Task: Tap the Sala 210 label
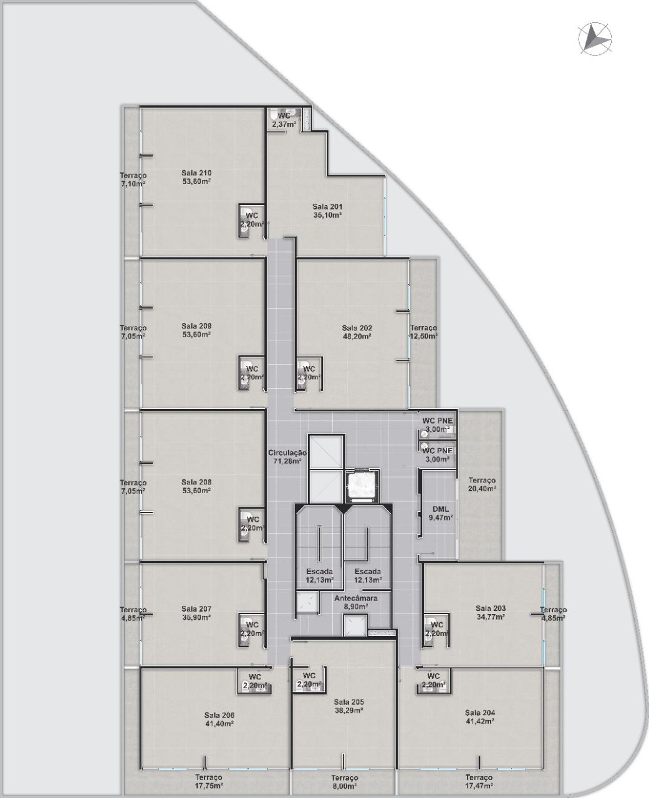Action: coord(196,173)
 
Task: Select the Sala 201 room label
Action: coord(327,206)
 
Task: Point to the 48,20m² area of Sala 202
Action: coord(357,337)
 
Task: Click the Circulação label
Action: coord(287,453)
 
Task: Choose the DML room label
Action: coord(441,509)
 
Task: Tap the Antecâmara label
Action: coord(356,598)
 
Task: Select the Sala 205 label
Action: coord(349,702)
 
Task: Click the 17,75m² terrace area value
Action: coord(209,783)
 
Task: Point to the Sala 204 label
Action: coord(480,712)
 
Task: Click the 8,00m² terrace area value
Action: coord(344,782)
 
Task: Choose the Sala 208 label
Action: coord(196,482)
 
